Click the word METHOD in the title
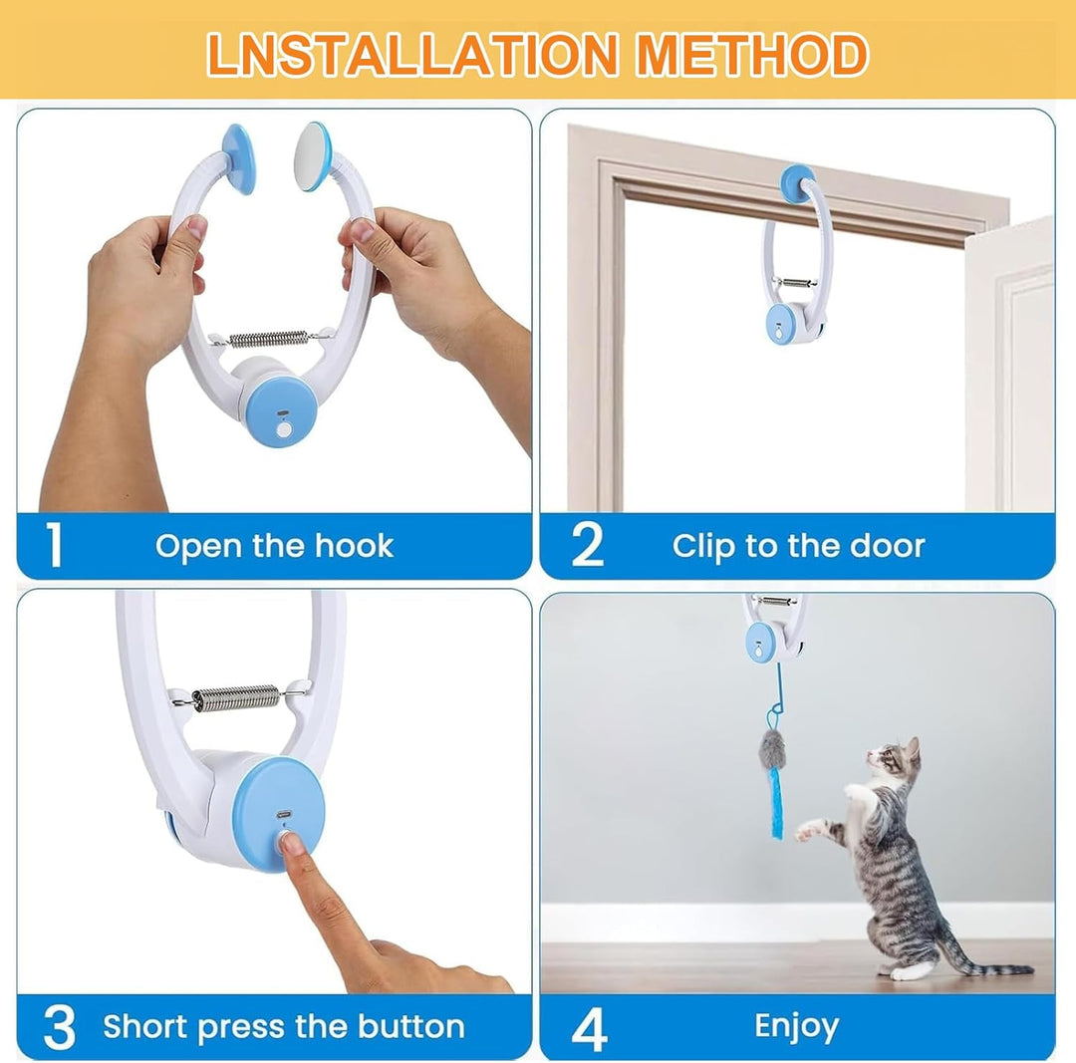tap(752, 54)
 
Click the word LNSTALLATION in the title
tap(412, 54)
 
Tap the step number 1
tap(54, 545)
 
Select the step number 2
tap(588, 545)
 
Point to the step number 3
tap(59, 1026)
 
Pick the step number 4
tap(589, 1029)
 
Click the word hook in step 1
tap(354, 546)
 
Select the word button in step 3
tap(411, 1026)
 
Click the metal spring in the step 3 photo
tap(236, 698)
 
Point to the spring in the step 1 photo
tap(268, 339)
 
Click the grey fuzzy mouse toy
tap(770, 749)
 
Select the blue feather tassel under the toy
tap(776, 803)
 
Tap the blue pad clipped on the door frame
tap(797, 183)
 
